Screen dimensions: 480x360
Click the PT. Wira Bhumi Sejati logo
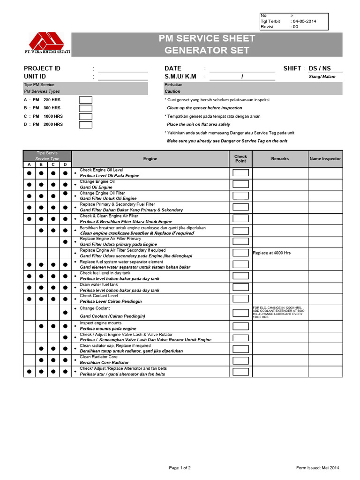(x=47, y=42)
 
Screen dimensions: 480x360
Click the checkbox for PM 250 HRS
(x=85, y=100)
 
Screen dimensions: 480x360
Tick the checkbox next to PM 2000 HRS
(x=85, y=125)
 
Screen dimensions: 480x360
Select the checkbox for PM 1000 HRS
(x=85, y=116)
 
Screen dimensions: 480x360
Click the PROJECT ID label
(x=42, y=68)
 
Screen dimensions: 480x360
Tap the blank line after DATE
(x=242, y=69)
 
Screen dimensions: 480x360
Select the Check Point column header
(x=240, y=159)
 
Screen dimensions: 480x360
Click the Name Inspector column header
(x=325, y=159)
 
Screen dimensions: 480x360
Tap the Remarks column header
(x=280, y=159)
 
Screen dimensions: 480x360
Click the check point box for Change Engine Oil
(x=240, y=184)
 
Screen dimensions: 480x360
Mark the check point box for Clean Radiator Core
(x=240, y=360)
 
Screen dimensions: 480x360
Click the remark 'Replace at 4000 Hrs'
(x=272, y=253)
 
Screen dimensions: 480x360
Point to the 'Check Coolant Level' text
(x=99, y=296)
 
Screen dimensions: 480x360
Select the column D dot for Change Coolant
(x=65, y=312)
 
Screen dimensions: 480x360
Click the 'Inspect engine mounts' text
(x=100, y=323)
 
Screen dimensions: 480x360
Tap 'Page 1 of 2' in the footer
(x=180, y=468)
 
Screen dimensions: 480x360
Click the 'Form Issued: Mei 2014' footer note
(x=317, y=468)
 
